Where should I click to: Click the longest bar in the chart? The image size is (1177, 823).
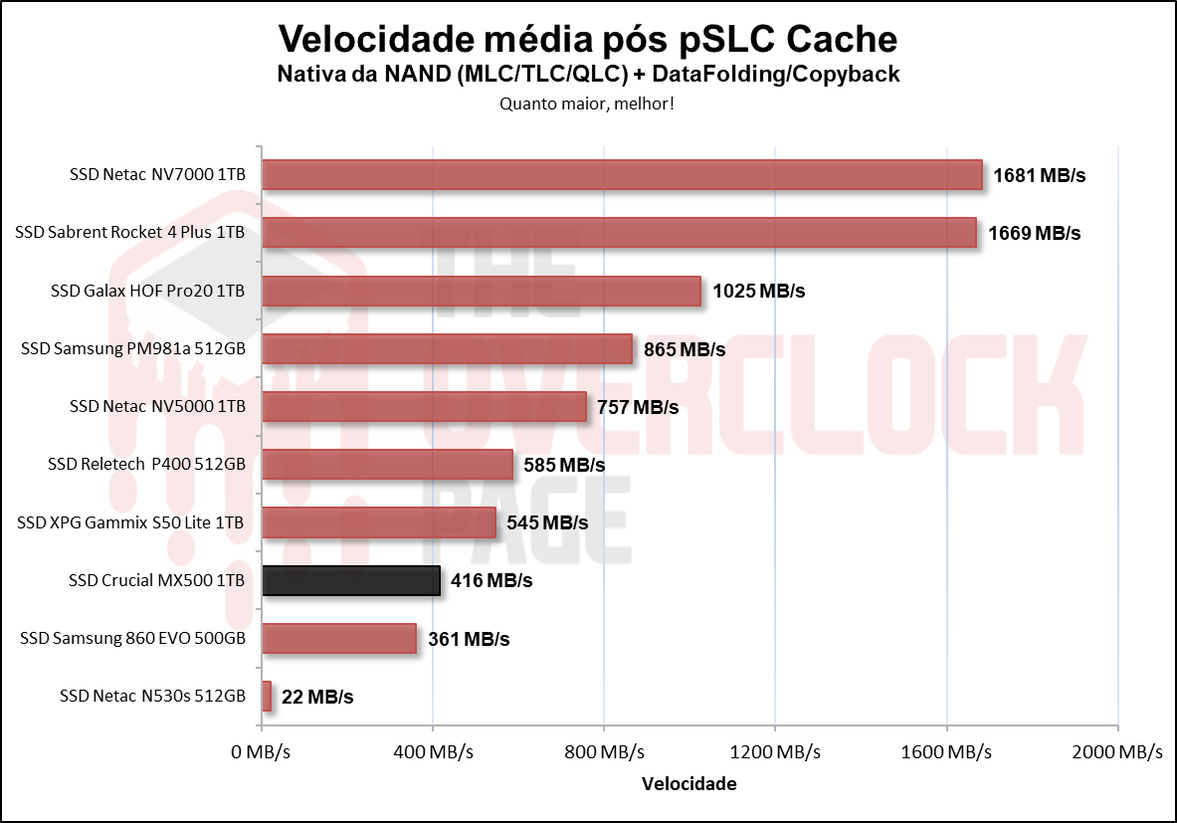pyautogui.click(x=622, y=174)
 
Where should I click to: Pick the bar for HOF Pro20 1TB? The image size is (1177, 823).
pyautogui.click(x=482, y=291)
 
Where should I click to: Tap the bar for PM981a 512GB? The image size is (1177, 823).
pyautogui.click(x=447, y=349)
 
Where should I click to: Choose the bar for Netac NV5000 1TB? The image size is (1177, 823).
pyautogui.click(x=425, y=407)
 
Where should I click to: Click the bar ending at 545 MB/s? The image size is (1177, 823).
pyautogui.click(x=379, y=522)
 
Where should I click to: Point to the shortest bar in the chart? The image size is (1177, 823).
pyautogui.click(x=267, y=697)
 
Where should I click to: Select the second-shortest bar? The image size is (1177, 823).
pyautogui.click(x=339, y=638)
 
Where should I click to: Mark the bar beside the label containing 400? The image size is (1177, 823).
pyautogui.click(x=387, y=465)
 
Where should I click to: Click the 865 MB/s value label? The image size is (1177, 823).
pyautogui.click(x=685, y=350)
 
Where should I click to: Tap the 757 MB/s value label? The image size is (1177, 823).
pyautogui.click(x=637, y=407)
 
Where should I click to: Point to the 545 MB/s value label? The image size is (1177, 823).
pyautogui.click(x=547, y=523)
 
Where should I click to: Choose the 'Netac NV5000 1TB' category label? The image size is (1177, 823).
pyautogui.click(x=175, y=406)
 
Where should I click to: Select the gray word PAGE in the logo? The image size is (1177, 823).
pyautogui.click(x=528, y=519)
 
